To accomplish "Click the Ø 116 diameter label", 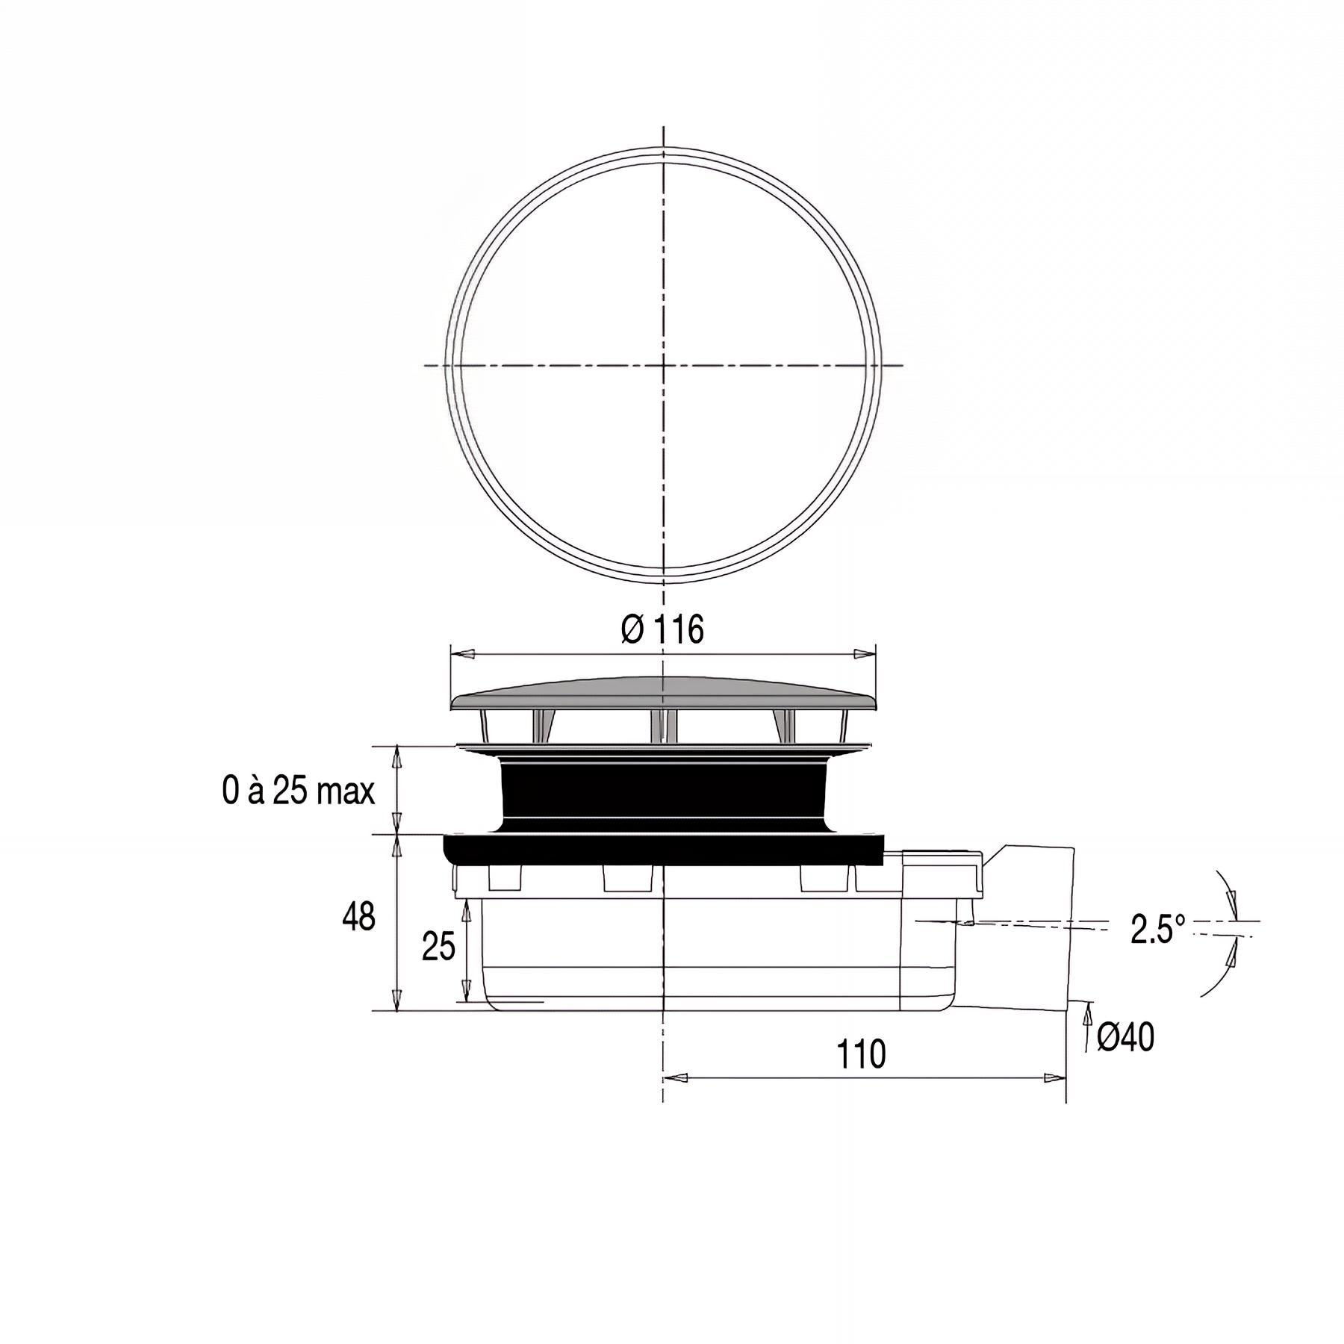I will (662, 629).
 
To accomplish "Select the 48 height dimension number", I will (358, 916).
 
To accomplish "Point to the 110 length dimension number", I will (861, 1054).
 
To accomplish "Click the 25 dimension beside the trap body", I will (438, 948).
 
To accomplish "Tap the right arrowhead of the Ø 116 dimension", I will (863, 653).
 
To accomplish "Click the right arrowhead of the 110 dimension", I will (1054, 1078).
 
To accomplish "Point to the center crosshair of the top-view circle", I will (664, 365).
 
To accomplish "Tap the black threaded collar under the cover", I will (663, 795).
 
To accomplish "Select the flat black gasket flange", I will (663, 850).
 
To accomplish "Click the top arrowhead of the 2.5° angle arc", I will (1233, 899).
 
